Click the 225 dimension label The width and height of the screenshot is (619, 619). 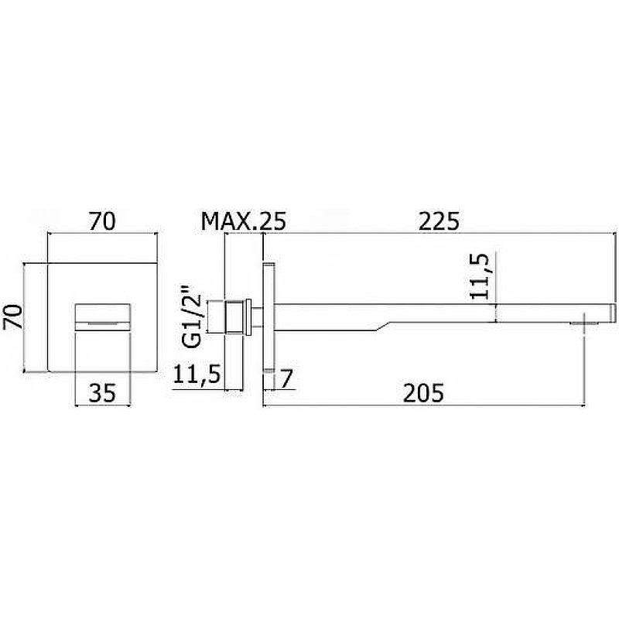tap(439, 221)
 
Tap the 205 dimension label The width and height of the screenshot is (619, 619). tap(423, 393)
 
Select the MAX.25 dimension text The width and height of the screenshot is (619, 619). tap(243, 221)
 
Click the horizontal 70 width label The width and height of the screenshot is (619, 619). tap(102, 221)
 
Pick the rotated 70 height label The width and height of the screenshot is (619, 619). tap(12, 317)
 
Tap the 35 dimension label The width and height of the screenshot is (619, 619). tap(102, 393)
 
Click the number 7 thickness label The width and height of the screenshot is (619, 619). tap(286, 379)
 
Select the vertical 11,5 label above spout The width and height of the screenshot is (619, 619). tap(480, 276)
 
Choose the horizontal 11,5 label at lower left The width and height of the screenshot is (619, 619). tap(197, 374)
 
